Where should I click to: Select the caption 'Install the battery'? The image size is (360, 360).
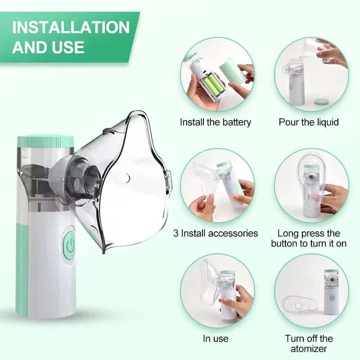click(216, 122)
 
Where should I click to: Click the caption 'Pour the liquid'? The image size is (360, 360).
click(309, 122)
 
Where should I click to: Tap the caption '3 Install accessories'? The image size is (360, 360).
click(216, 233)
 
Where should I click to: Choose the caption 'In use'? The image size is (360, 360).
click(216, 338)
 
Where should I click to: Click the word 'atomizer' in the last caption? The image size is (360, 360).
click(309, 348)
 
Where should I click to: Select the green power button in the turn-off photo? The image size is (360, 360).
click(332, 297)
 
